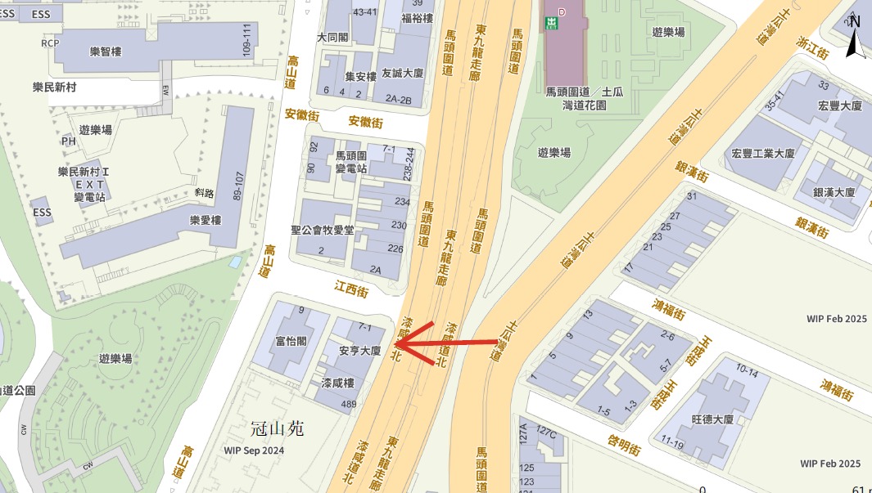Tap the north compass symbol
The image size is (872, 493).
[854, 37]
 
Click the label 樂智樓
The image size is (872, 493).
[106, 52]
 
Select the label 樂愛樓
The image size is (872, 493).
[206, 220]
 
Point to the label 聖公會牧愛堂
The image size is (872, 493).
[323, 231]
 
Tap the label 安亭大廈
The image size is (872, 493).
[359, 351]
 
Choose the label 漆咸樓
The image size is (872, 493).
[337, 383]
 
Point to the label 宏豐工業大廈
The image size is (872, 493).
[763, 153]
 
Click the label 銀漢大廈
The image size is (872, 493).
[834, 192]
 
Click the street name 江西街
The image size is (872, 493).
[351, 289]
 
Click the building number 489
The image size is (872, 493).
[349, 404]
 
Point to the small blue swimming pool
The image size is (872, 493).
[236, 262]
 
